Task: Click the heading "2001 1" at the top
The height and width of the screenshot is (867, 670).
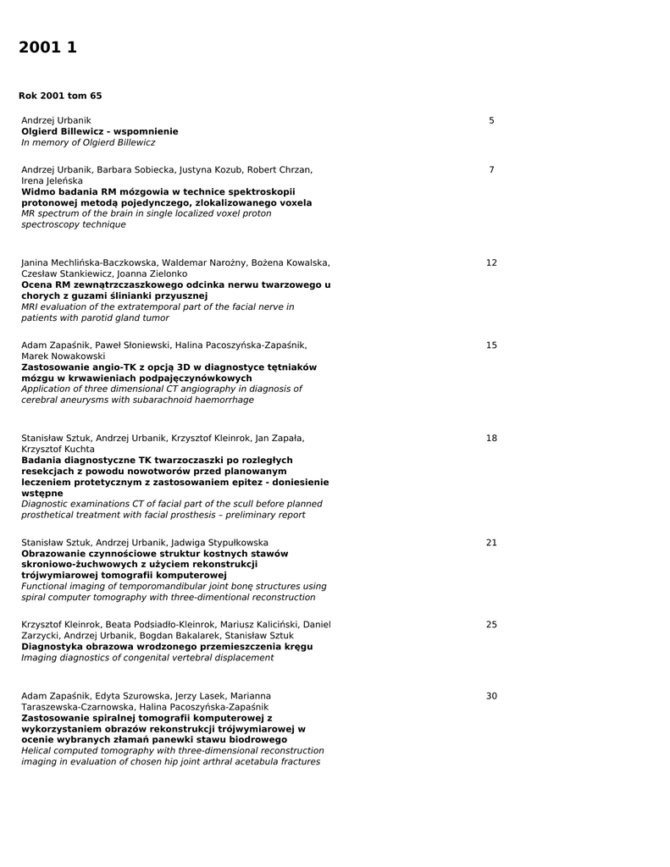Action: tap(47, 48)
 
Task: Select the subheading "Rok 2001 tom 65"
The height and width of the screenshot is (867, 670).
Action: tap(60, 96)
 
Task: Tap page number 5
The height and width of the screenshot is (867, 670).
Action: tap(491, 121)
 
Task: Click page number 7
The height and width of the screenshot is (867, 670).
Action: tap(491, 170)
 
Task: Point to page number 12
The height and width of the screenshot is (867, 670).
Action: tap(491, 263)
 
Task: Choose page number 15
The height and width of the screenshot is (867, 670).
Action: tap(491, 345)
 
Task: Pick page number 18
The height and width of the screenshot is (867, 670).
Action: tap(491, 439)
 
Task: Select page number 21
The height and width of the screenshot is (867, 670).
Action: tap(491, 543)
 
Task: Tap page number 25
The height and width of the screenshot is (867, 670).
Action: tap(491, 625)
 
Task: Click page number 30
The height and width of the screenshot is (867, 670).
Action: tap(491, 696)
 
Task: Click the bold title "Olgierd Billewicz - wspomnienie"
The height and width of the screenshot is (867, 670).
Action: tap(100, 132)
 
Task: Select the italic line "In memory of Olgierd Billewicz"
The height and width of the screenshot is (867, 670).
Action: tap(88, 143)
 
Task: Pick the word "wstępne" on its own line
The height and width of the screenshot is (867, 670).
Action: tap(42, 493)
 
